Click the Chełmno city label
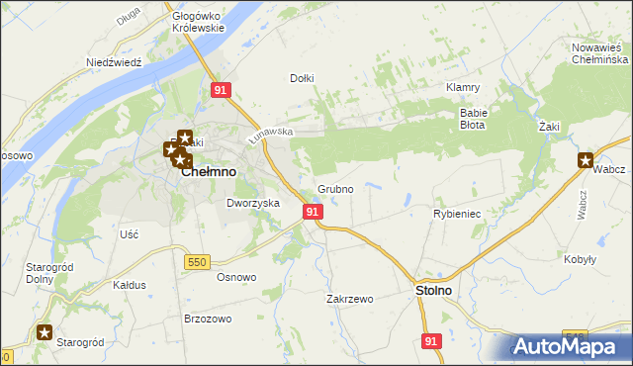(209, 171)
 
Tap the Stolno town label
(431, 291)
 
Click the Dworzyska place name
(253, 203)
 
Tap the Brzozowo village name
(208, 319)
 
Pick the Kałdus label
(130, 285)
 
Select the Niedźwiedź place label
(115, 61)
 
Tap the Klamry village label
(463, 87)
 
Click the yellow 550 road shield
(196, 261)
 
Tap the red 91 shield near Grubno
(313, 212)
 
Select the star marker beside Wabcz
(587, 161)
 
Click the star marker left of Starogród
(45, 333)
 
